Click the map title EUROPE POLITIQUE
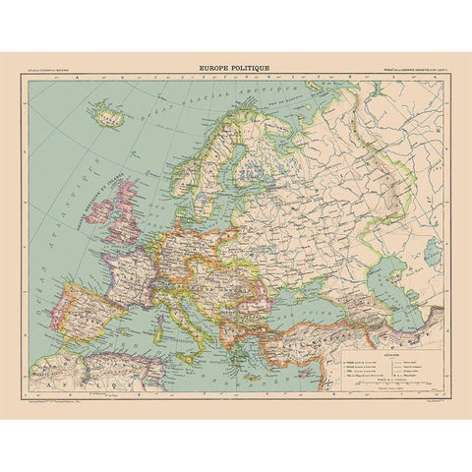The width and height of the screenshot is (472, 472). click(x=235, y=69)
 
